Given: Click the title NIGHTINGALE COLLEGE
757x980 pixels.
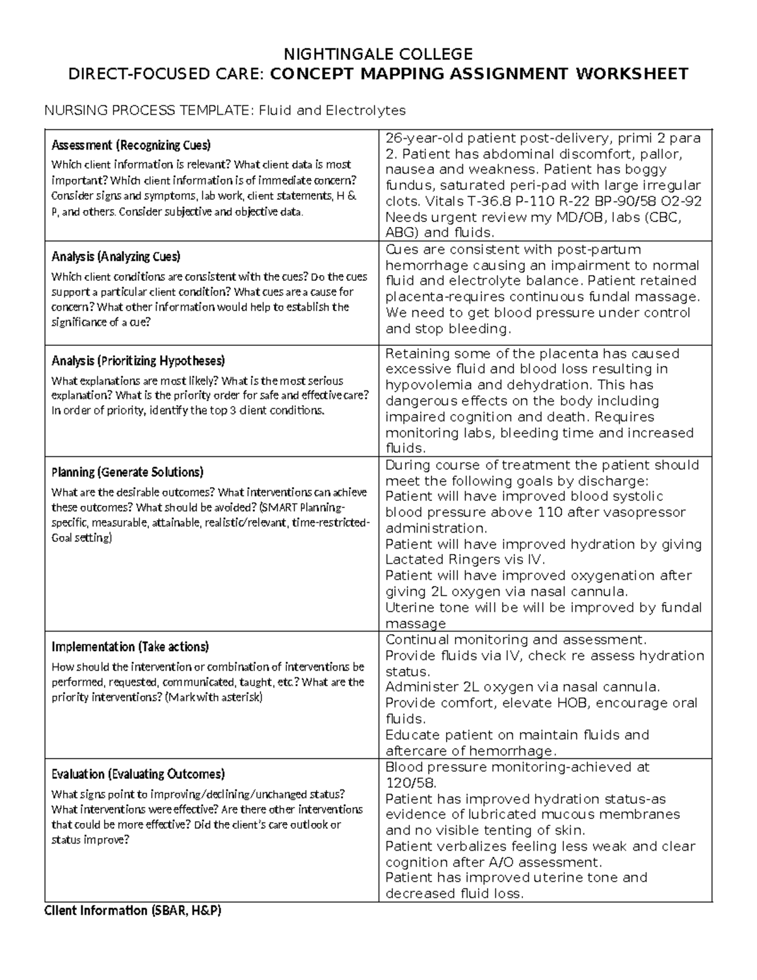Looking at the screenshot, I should pyautogui.click(x=378, y=53).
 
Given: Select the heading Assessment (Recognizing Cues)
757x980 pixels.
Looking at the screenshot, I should pyautogui.click(x=131, y=145).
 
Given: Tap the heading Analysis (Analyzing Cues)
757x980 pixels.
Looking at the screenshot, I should pyautogui.click(x=115, y=256).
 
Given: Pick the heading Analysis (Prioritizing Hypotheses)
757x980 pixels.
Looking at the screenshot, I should pyautogui.click(x=138, y=361).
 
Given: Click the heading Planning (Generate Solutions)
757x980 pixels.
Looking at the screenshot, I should pyautogui.click(x=127, y=472).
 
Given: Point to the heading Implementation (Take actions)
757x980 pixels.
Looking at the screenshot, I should pyautogui.click(x=130, y=647).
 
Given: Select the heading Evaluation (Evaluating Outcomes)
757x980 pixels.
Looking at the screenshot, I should pyautogui.click(x=138, y=774).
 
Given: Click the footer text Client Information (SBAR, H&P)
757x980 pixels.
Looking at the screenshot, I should pyautogui.click(x=132, y=911).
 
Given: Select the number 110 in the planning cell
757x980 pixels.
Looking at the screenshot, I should pyautogui.click(x=549, y=512).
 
